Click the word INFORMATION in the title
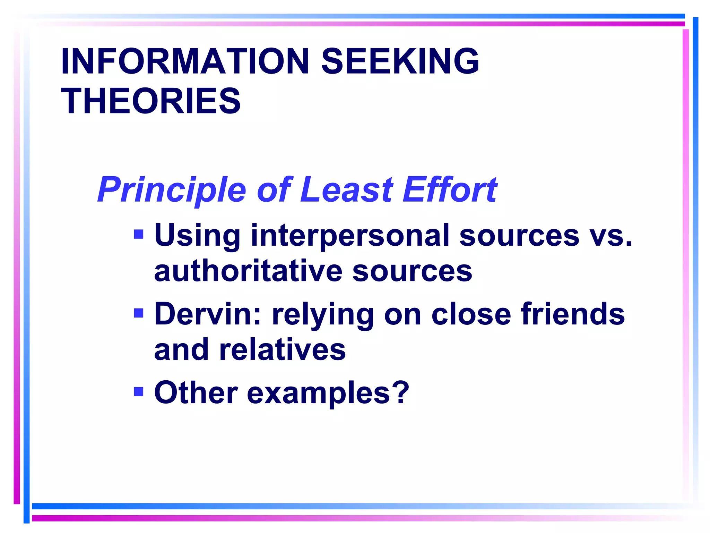point(185,61)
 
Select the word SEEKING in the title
point(400,61)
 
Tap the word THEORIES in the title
point(151,101)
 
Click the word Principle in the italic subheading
point(172,190)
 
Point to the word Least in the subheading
point(346,190)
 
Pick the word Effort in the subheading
point(450,190)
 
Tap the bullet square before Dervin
point(139,313)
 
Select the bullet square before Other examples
point(139,392)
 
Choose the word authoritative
point(248,271)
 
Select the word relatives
point(282,350)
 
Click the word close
point(471,314)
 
